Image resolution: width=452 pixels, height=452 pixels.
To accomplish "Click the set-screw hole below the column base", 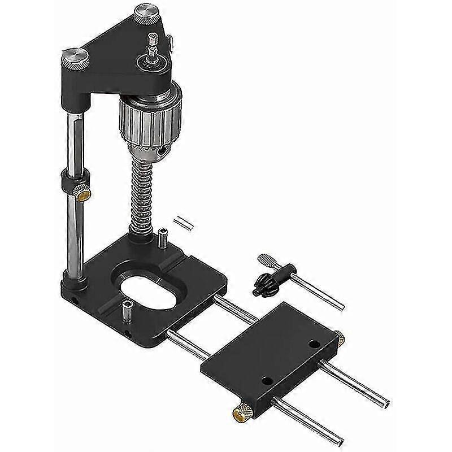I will (x=74, y=294).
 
